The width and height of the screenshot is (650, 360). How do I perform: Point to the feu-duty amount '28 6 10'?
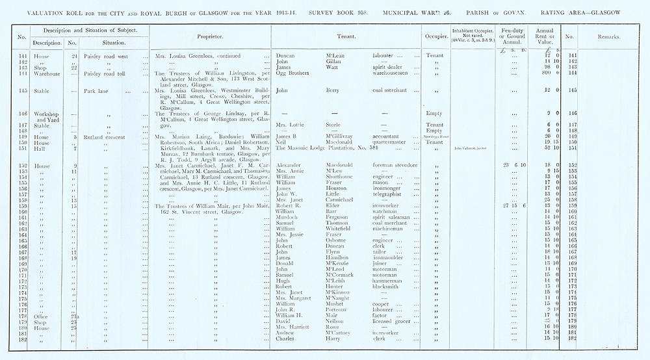pyautogui.click(x=506, y=166)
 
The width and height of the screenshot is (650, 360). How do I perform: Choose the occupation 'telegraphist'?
pyautogui.click(x=383, y=194)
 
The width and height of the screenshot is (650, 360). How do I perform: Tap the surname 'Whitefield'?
pyautogui.click(x=333, y=229)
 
